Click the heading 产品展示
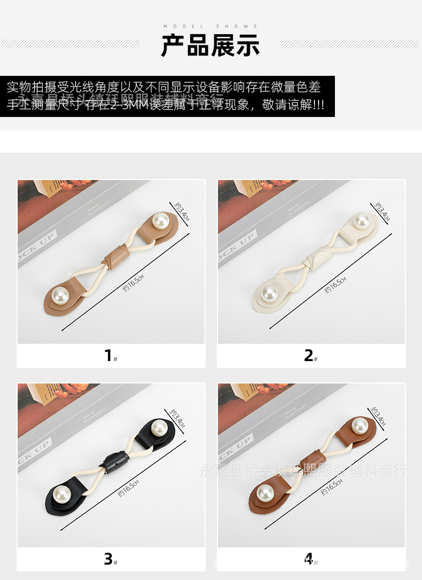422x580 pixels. [x=210, y=45]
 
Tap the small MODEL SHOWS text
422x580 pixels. [x=210, y=26]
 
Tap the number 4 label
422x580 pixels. [x=309, y=559]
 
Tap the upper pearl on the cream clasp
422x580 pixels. [x=362, y=220]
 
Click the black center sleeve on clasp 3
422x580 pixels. [x=114, y=460]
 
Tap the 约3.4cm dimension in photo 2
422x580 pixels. [x=382, y=211]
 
